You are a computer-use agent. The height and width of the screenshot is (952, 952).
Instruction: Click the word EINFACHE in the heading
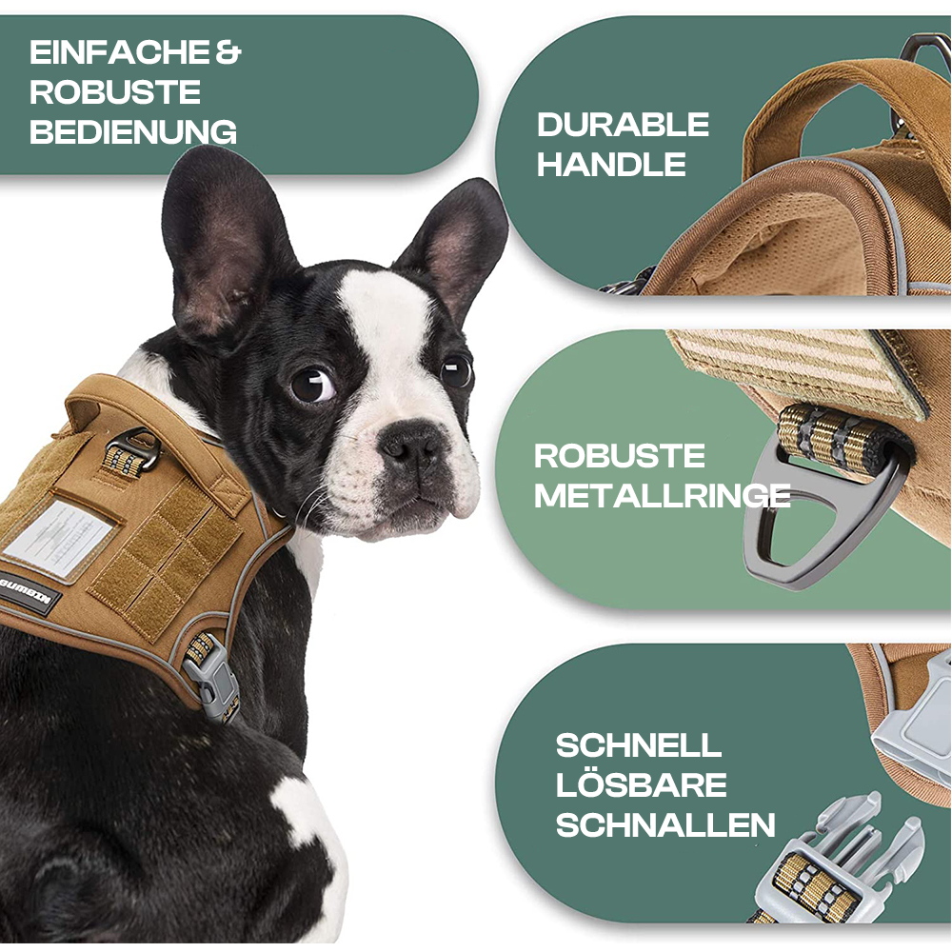[120, 52]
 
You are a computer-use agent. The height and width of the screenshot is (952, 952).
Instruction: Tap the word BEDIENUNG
[133, 132]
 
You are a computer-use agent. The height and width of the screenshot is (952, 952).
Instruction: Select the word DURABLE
[623, 125]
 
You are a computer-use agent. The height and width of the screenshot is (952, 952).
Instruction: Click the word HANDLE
[611, 165]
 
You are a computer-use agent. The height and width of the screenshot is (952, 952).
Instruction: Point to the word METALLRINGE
[663, 496]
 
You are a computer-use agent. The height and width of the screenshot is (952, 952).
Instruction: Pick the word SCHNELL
[639, 745]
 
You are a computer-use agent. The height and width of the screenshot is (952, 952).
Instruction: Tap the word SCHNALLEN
[665, 825]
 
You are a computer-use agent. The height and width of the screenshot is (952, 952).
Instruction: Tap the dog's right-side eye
[457, 371]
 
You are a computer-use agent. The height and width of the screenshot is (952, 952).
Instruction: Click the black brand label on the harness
[29, 592]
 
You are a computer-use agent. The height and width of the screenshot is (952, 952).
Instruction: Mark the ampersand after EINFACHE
[228, 52]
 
